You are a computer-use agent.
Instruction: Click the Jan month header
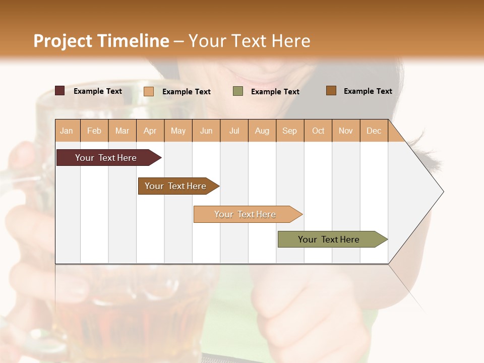(x=67, y=131)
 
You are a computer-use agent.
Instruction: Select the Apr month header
(x=150, y=131)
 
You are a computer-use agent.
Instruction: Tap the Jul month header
(x=234, y=131)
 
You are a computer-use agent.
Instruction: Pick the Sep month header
(x=290, y=131)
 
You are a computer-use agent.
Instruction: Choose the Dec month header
(x=374, y=131)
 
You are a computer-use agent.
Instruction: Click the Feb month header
(x=94, y=131)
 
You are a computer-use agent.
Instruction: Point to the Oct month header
(x=318, y=131)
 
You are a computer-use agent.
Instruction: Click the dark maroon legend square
(x=60, y=91)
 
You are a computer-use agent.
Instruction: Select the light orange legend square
(x=149, y=91)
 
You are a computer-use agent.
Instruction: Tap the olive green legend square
(x=238, y=91)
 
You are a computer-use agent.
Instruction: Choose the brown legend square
(x=331, y=91)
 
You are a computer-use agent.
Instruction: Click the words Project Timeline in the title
(x=101, y=41)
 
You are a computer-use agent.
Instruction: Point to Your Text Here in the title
(x=250, y=41)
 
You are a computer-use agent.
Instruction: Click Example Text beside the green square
(x=275, y=92)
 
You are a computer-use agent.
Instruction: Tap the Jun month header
(x=206, y=131)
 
